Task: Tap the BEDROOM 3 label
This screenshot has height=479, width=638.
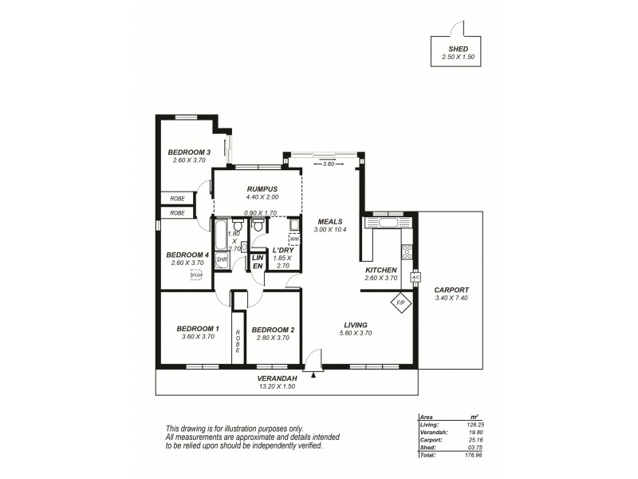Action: click(189, 152)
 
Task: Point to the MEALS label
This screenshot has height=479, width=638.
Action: click(329, 222)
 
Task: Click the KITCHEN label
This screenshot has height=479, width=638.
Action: click(380, 270)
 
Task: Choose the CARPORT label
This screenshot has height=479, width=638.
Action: click(451, 290)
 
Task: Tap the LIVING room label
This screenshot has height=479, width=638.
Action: click(355, 325)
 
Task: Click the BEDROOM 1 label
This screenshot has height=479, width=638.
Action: click(197, 329)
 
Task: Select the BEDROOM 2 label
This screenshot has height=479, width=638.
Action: click(273, 330)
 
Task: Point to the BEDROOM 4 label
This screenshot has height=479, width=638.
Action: click(188, 255)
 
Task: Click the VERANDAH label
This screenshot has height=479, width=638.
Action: click(278, 378)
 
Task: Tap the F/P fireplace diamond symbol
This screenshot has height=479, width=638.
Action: click(400, 303)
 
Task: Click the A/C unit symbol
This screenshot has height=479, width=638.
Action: click(415, 278)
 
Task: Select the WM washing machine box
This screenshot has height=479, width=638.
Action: click(293, 239)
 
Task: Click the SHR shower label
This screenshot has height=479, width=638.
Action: click(221, 259)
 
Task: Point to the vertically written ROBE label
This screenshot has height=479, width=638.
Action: click(237, 342)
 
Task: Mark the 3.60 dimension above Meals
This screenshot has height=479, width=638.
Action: click(329, 164)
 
